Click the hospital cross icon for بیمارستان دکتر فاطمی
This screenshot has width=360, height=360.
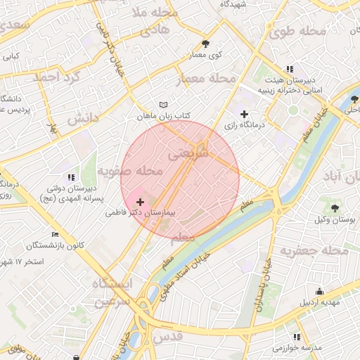point(141,201)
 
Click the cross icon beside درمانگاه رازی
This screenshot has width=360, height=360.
point(244,114)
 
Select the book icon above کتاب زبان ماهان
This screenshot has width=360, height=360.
point(164,104)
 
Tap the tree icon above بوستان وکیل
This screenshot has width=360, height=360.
point(335,207)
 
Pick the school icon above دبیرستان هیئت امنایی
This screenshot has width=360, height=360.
point(290,69)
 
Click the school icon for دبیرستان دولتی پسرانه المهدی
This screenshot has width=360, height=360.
point(70,177)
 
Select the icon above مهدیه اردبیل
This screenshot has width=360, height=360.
point(320,292)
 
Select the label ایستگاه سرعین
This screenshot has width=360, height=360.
point(112,292)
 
